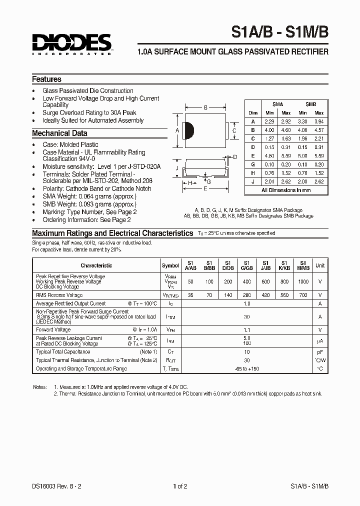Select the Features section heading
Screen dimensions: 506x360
(x=46, y=79)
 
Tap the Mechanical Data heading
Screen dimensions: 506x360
(x=59, y=133)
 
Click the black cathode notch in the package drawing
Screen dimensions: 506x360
(x=189, y=130)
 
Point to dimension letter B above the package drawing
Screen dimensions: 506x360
(x=205, y=107)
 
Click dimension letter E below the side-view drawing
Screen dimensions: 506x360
(x=205, y=189)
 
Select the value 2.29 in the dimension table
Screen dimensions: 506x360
(x=270, y=121)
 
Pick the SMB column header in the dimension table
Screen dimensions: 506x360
(x=311, y=104)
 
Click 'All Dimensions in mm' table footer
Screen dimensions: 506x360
(x=286, y=190)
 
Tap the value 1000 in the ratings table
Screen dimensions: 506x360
(x=303, y=282)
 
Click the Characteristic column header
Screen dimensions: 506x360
(x=96, y=265)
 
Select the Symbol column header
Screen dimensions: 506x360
(x=170, y=265)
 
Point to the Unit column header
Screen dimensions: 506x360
(x=320, y=265)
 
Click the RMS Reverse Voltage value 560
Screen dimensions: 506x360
(x=284, y=295)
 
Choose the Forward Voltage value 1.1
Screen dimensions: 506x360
(x=246, y=330)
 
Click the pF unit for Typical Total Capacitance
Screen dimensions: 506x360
(x=320, y=352)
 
